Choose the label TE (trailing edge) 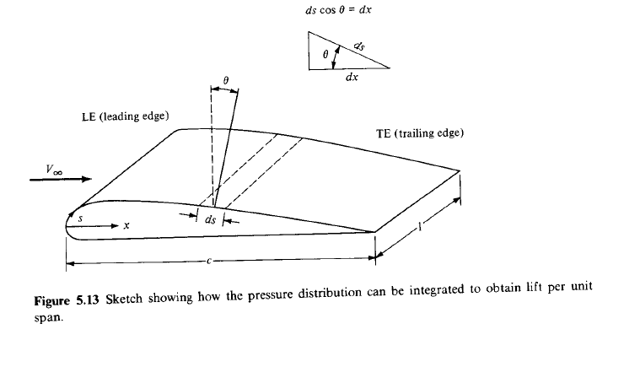point(420,133)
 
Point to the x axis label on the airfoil point(126,226)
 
